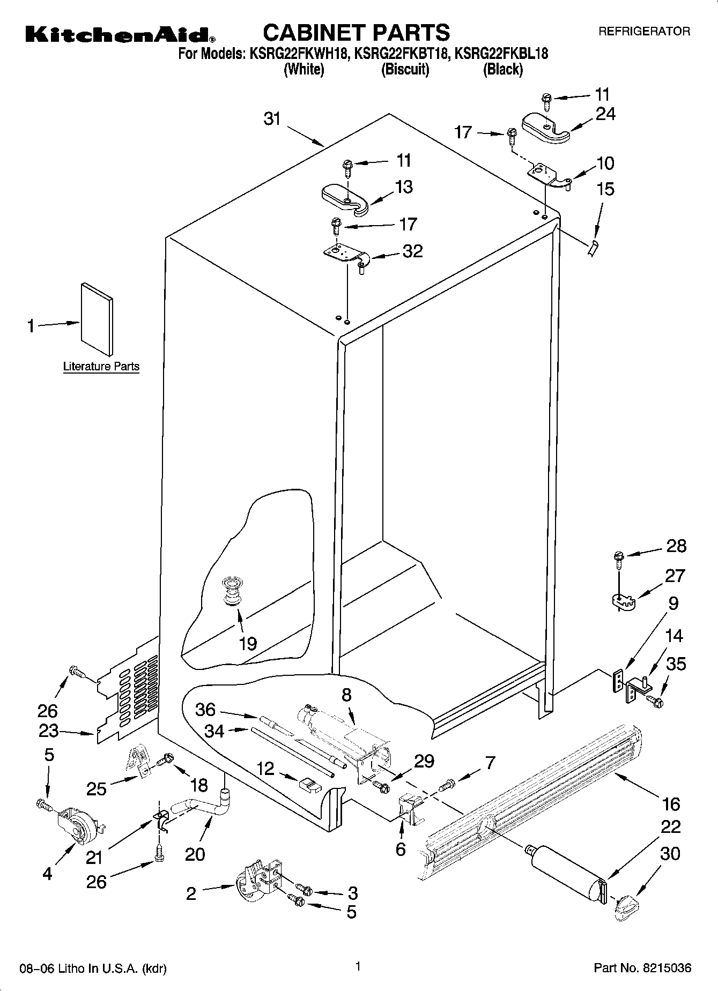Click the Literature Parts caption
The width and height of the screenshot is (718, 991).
tap(101, 367)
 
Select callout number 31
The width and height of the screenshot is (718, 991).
tap(272, 118)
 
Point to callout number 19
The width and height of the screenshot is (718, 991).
tap(248, 643)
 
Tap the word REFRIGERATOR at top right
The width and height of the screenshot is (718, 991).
tap(644, 32)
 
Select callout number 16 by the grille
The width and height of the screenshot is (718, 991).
tap(671, 803)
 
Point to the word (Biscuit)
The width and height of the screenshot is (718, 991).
tap(405, 70)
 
